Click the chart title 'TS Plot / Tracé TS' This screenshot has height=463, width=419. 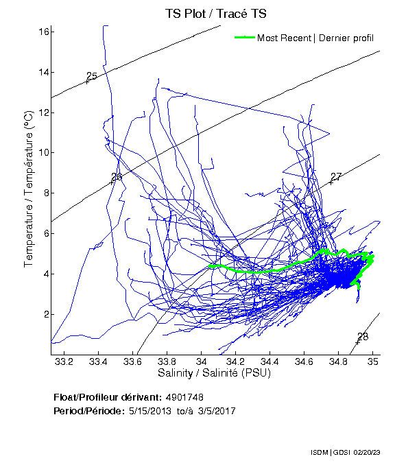point(215,13)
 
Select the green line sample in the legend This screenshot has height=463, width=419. point(244,38)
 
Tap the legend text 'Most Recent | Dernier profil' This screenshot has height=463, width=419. point(315,38)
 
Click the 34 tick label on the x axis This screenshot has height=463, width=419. point(201,361)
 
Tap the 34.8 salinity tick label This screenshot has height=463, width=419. point(338,361)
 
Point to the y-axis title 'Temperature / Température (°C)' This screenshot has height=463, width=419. point(29,190)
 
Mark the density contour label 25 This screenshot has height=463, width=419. point(92,76)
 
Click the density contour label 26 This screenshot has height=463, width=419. point(117,177)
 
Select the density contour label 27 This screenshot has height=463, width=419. point(335,177)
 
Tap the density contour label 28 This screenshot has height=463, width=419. point(363,336)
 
